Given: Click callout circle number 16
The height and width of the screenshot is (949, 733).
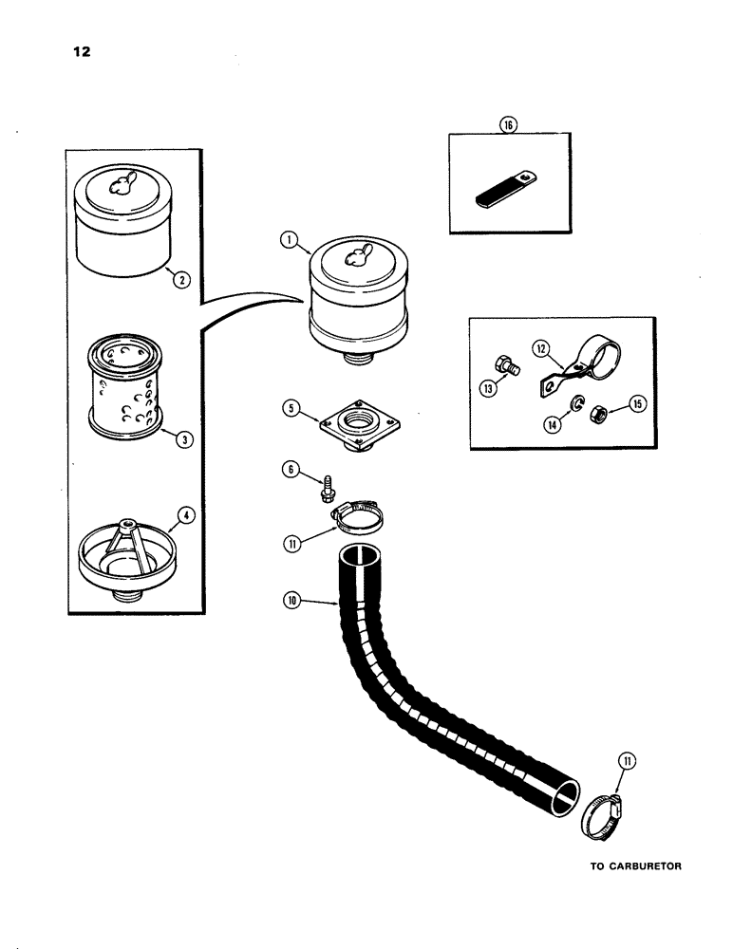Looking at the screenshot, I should point(509,125).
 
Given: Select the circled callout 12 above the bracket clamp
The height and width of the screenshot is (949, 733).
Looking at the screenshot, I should point(541,351).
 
